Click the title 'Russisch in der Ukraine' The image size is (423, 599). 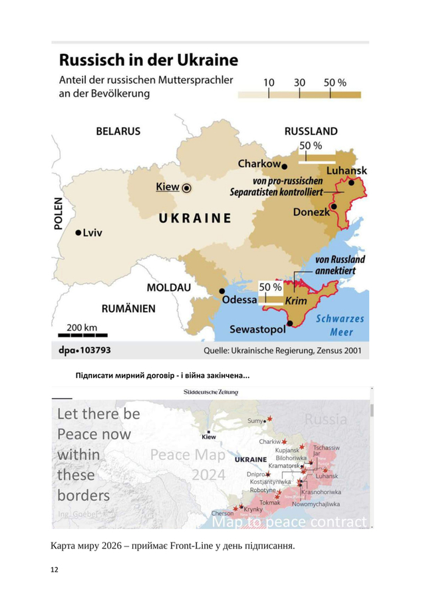click(x=148, y=61)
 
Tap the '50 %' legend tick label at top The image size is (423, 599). click(x=335, y=83)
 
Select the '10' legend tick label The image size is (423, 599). click(x=269, y=83)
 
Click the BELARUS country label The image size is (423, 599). click(x=118, y=131)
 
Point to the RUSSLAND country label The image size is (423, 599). click(x=311, y=131)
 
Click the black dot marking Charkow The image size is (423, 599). click(x=284, y=165)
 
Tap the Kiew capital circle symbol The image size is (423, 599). click(x=187, y=188)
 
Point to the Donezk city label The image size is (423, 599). click(x=311, y=212)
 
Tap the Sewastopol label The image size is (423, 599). click(x=257, y=329)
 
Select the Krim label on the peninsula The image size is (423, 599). click(x=295, y=301)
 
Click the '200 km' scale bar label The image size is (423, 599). click(x=82, y=327)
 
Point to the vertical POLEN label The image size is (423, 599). click(x=58, y=213)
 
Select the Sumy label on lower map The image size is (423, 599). click(x=255, y=421)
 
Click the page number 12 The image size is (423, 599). click(x=55, y=570)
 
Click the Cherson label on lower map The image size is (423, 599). click(x=222, y=513)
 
